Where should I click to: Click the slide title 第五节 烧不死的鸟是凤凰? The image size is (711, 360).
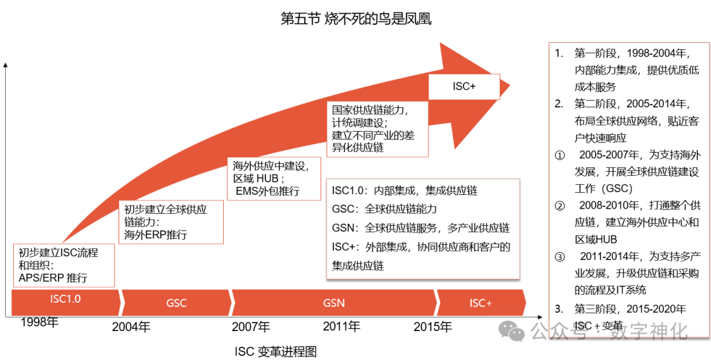click(355, 19)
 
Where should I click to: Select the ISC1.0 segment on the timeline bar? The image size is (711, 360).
click(66, 301)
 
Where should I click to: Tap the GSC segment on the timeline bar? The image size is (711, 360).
click(176, 303)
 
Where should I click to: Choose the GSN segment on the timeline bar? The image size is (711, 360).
click(334, 303)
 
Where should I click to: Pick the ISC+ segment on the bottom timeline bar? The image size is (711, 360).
click(481, 303)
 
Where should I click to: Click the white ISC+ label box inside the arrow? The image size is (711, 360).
click(464, 86)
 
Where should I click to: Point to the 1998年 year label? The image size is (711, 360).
click(39, 322)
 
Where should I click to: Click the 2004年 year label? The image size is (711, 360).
click(131, 326)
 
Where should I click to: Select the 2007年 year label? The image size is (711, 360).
click(251, 326)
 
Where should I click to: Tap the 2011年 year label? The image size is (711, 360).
click(341, 326)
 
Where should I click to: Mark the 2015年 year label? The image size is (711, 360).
click(433, 326)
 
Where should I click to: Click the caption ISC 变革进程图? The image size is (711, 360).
click(275, 351)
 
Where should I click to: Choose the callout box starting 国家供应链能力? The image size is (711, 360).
click(378, 128)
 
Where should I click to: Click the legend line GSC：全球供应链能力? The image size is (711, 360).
click(384, 209)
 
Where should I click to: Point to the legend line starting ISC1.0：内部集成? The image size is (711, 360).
click(404, 191)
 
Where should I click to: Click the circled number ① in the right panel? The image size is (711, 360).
click(560, 157)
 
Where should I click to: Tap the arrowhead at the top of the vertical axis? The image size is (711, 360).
click(5, 65)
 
